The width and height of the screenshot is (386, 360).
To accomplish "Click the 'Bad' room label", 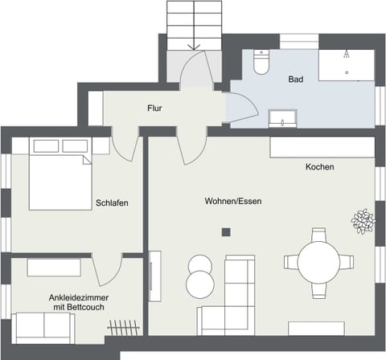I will point(297,80).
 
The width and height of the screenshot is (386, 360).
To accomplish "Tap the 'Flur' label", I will point(156,107).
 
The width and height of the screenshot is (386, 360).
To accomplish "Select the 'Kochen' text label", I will point(319,167).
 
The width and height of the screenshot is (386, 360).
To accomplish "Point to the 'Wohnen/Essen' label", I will point(232,201).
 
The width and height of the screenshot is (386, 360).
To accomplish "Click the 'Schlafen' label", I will point(112,203).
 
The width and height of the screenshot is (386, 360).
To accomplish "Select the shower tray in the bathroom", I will point(346,64).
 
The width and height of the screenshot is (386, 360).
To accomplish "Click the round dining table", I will point(319,261).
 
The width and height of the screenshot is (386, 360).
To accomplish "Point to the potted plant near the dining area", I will point(363,220).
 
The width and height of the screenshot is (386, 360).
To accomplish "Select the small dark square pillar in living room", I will point(226,232).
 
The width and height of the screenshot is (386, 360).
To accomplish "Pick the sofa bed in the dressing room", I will point(43,327).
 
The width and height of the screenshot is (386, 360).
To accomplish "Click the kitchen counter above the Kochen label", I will point(322,147).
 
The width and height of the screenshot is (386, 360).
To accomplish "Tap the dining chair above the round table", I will point(319,235).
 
